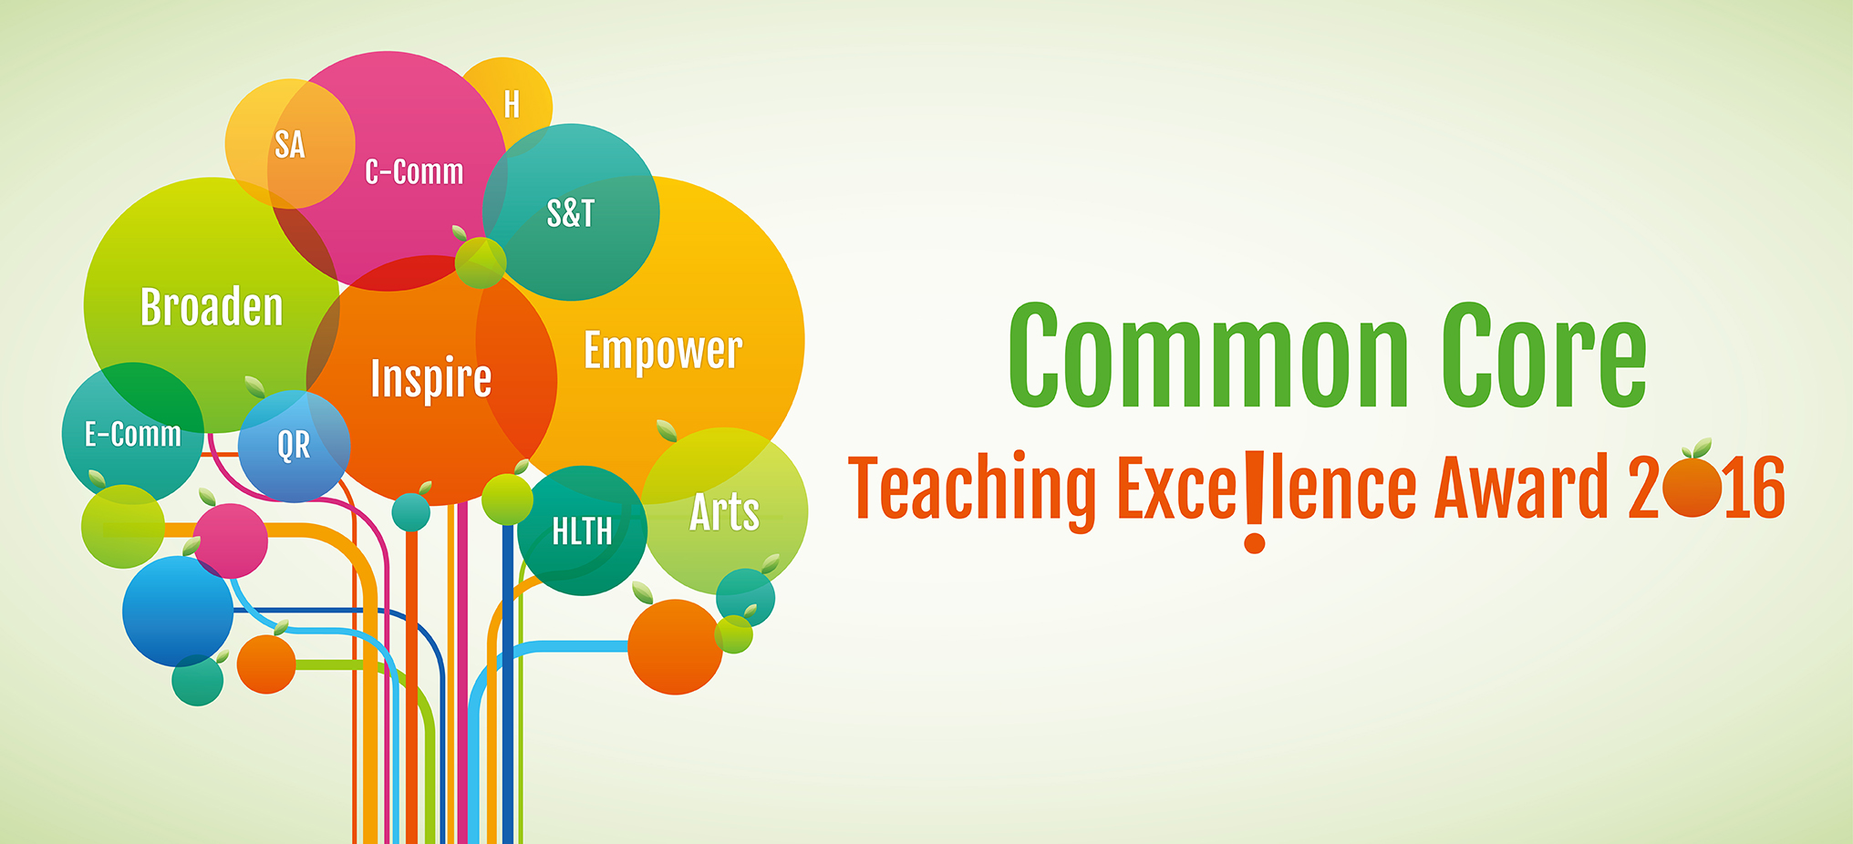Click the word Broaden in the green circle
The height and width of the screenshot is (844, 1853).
(212, 306)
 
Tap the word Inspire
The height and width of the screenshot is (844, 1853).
(431, 378)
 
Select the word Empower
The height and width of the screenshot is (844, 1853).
(663, 351)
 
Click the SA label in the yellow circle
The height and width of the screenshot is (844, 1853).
(290, 145)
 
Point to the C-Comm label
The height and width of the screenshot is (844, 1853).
(414, 171)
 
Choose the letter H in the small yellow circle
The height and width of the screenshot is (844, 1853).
(512, 105)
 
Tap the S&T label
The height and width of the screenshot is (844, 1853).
(571, 213)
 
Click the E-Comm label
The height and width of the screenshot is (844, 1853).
(133, 434)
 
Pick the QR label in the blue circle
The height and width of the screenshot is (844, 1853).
(294, 446)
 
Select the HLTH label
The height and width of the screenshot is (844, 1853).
(582, 530)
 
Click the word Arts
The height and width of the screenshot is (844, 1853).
(725, 511)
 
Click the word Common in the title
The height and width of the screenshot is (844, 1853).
(1209, 356)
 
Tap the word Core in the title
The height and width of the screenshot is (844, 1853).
(1544, 356)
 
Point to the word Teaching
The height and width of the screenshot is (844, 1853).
(972, 489)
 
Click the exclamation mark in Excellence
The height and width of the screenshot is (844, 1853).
(1255, 501)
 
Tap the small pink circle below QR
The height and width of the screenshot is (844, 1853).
(230, 540)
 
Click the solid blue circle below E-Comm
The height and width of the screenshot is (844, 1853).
(178, 611)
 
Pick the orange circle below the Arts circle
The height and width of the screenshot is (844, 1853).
(676, 647)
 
